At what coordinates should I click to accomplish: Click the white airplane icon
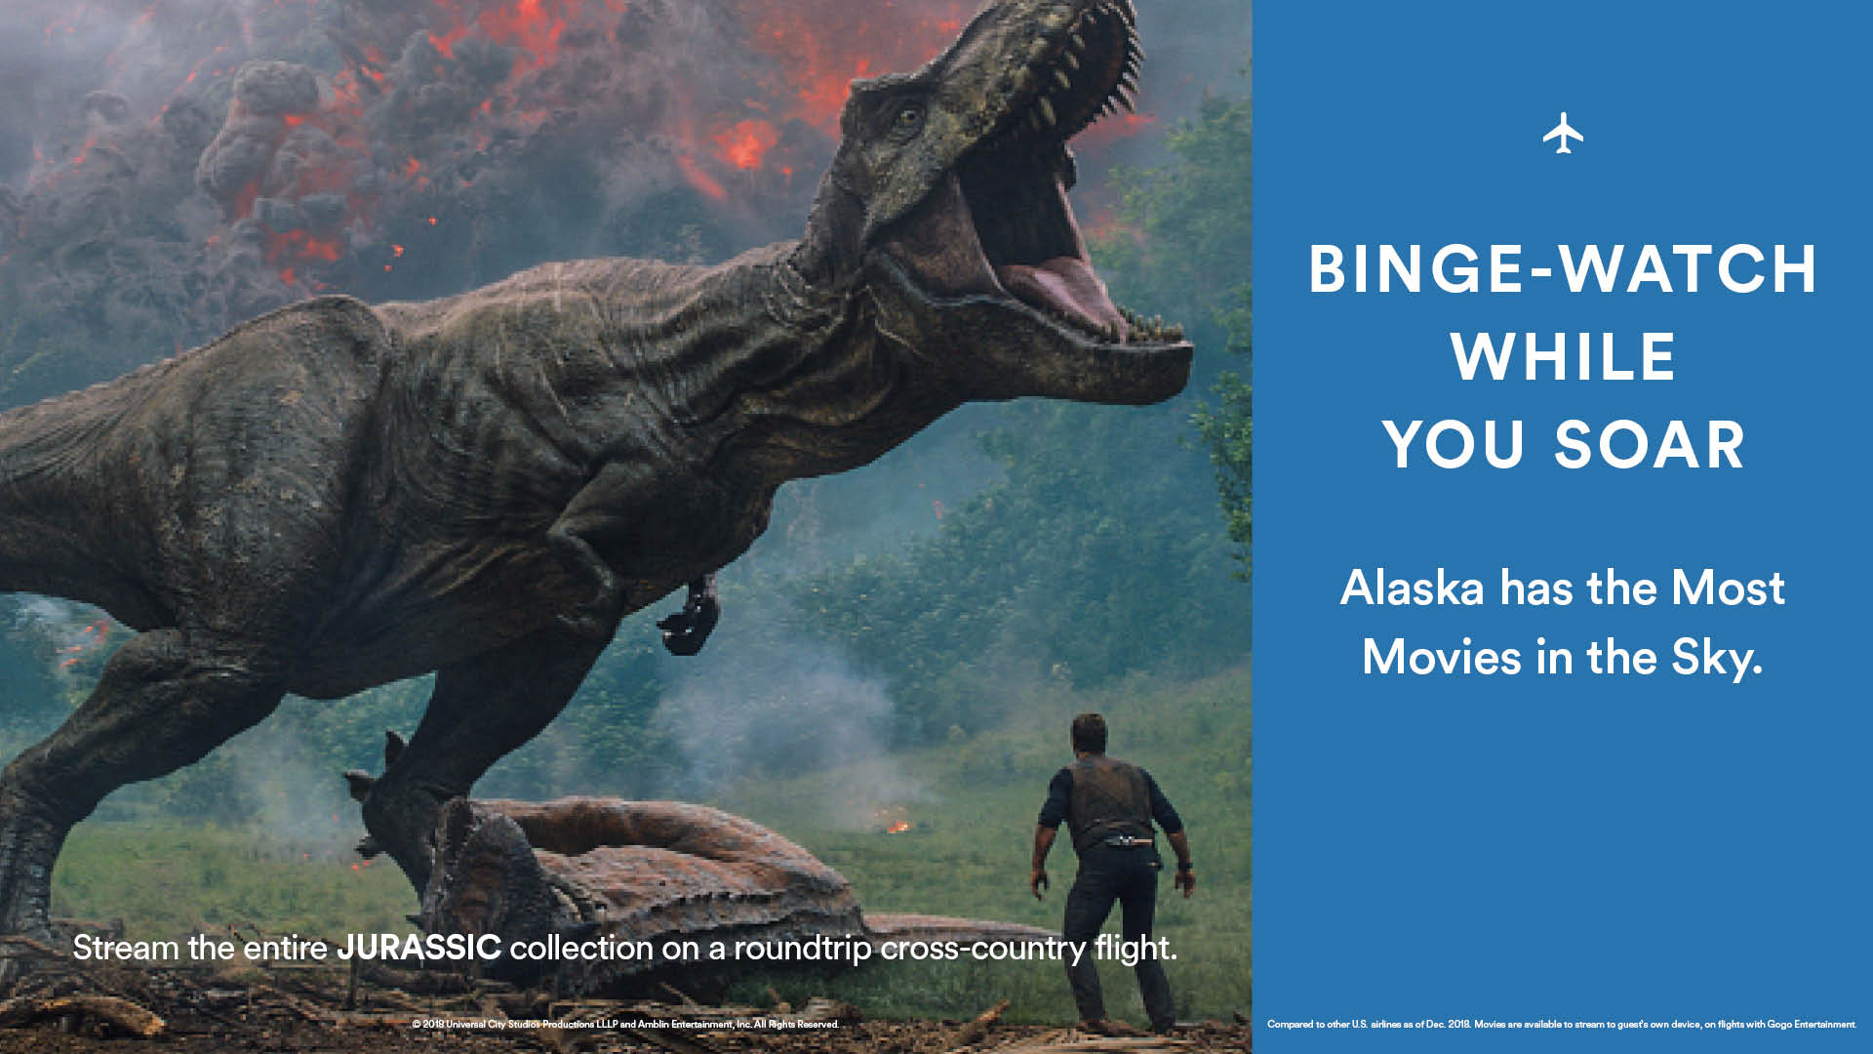(1563, 133)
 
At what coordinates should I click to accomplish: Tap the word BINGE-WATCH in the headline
(1563, 268)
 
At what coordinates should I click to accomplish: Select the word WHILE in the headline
(1563, 356)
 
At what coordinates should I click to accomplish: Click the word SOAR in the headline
(1649, 444)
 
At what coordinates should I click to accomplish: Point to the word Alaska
(1412, 588)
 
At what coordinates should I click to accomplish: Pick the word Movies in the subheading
(1441, 657)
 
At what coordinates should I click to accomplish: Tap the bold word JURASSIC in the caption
(418, 947)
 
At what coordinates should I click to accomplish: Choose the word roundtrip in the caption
(802, 949)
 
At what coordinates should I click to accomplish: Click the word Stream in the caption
(126, 947)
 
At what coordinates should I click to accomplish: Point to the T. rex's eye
(909, 117)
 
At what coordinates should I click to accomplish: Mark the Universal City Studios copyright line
(625, 1025)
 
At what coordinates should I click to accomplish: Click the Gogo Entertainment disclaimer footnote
(1561, 1025)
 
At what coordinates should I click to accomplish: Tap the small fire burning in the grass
(897, 827)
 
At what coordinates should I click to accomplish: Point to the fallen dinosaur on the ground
(624, 869)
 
